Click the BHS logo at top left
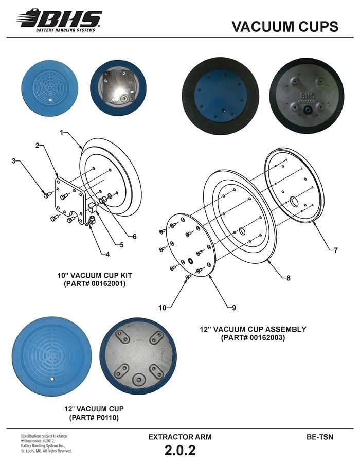[x=59, y=20]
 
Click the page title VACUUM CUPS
[x=285, y=26]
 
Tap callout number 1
[x=62, y=132]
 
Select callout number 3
[x=13, y=161]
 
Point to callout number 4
[x=107, y=254]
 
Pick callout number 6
[x=134, y=237]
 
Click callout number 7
[x=336, y=250]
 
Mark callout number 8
[x=288, y=278]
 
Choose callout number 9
[x=233, y=308]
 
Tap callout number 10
[x=163, y=308]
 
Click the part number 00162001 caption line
[x=95, y=283]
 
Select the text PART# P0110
[x=94, y=418]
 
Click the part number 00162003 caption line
[x=253, y=337]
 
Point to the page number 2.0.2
[x=180, y=450]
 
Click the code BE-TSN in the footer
[x=320, y=437]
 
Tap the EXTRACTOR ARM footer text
[x=180, y=437]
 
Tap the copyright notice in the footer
[x=46, y=443]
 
